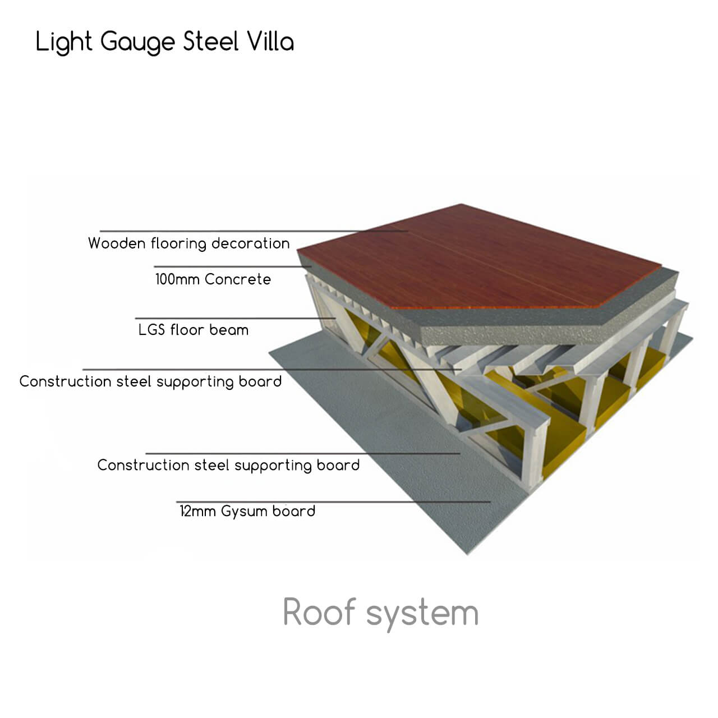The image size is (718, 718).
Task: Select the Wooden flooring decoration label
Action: (x=188, y=243)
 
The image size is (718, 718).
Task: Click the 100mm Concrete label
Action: (x=213, y=279)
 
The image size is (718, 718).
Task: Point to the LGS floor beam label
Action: (x=193, y=330)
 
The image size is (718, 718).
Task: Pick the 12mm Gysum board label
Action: (x=247, y=512)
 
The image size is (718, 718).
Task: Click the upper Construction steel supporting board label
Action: (x=150, y=382)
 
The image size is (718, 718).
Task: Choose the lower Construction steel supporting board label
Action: (x=228, y=466)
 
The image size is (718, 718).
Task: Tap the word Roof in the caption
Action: (x=319, y=612)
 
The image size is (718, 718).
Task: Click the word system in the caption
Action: (x=422, y=614)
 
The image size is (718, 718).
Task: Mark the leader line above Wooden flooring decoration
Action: (x=252, y=231)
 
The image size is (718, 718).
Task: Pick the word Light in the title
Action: (x=64, y=43)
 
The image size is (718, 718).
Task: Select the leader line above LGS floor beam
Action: (x=236, y=318)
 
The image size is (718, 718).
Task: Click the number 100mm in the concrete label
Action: (x=177, y=279)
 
